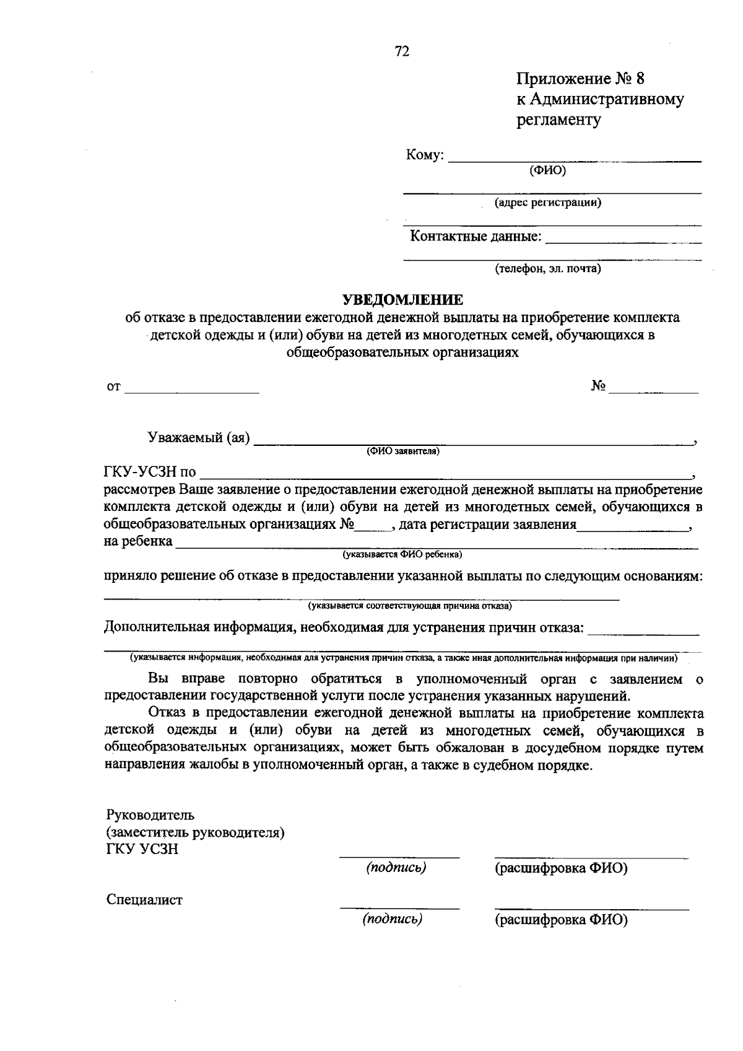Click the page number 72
point(402,52)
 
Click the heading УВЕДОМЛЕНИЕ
point(403,300)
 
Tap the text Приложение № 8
point(581,79)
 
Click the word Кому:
point(425,155)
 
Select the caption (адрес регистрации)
point(547,202)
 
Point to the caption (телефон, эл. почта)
point(547,269)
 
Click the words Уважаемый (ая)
point(199,438)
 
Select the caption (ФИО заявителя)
point(402,451)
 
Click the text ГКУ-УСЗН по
point(150,473)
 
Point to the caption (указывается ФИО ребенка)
point(403,554)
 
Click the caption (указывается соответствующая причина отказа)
point(409,605)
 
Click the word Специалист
point(144,900)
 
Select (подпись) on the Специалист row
point(393,919)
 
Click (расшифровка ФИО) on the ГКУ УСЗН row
point(560,868)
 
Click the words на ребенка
point(138,541)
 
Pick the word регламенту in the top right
point(558,120)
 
